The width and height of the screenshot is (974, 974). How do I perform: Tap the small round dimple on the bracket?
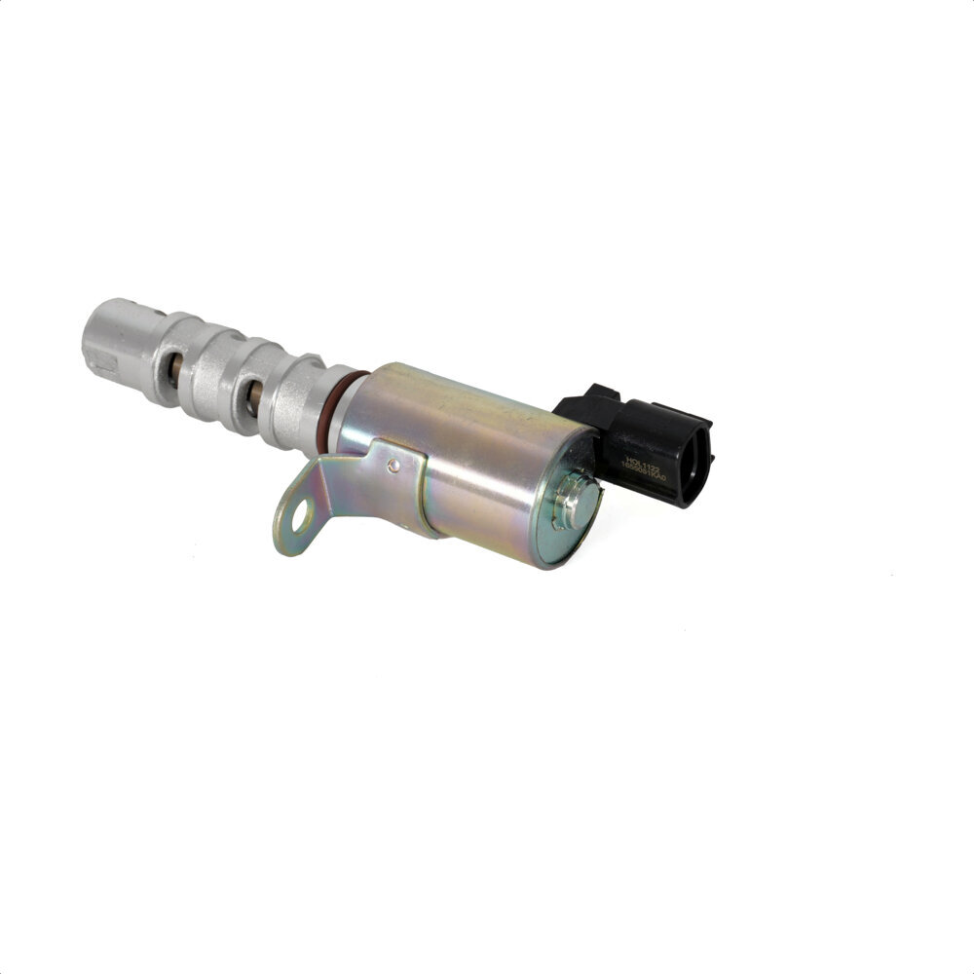pos(393,467)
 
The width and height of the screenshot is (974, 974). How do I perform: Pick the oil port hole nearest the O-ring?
pos(252,397)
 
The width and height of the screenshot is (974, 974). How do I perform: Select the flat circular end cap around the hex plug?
pos(563,531)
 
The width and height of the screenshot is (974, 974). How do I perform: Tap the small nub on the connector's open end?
pos(709,458)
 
